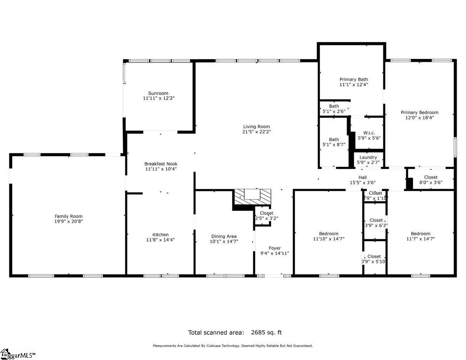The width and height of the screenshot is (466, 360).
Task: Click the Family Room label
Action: (x=68, y=216)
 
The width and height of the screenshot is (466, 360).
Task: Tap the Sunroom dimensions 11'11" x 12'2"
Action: (x=158, y=99)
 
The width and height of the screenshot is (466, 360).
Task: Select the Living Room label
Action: (x=256, y=127)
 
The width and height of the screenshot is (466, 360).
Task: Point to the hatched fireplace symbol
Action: (x=252, y=197)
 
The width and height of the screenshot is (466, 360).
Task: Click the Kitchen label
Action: (x=160, y=235)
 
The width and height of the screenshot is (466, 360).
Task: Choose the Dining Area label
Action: (x=224, y=236)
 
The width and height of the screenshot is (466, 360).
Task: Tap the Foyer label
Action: (x=275, y=248)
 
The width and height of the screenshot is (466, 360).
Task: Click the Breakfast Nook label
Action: (x=161, y=164)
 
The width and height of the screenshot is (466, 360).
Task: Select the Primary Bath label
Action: (x=353, y=79)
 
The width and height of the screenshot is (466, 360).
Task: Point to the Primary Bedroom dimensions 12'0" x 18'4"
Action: (x=419, y=118)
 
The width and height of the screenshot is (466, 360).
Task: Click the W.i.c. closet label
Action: (x=369, y=132)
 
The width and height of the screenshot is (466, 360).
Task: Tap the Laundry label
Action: (x=368, y=157)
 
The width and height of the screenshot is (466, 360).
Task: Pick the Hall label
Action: (x=363, y=177)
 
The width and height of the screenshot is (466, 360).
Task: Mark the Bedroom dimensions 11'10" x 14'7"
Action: (x=329, y=239)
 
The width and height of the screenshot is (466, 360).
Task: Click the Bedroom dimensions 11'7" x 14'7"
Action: (x=420, y=239)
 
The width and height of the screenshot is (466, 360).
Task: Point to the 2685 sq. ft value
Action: (x=266, y=332)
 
